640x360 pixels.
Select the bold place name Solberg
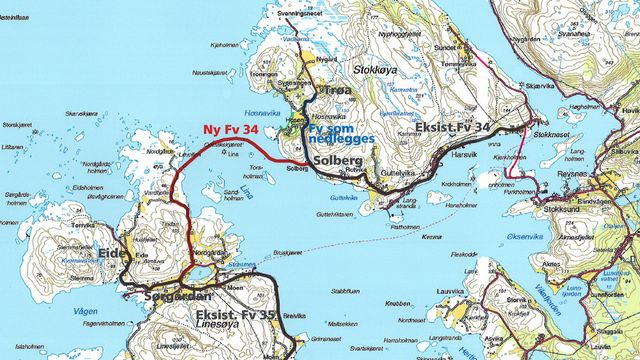point(331,160)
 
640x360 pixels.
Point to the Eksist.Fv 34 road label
point(457,128)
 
